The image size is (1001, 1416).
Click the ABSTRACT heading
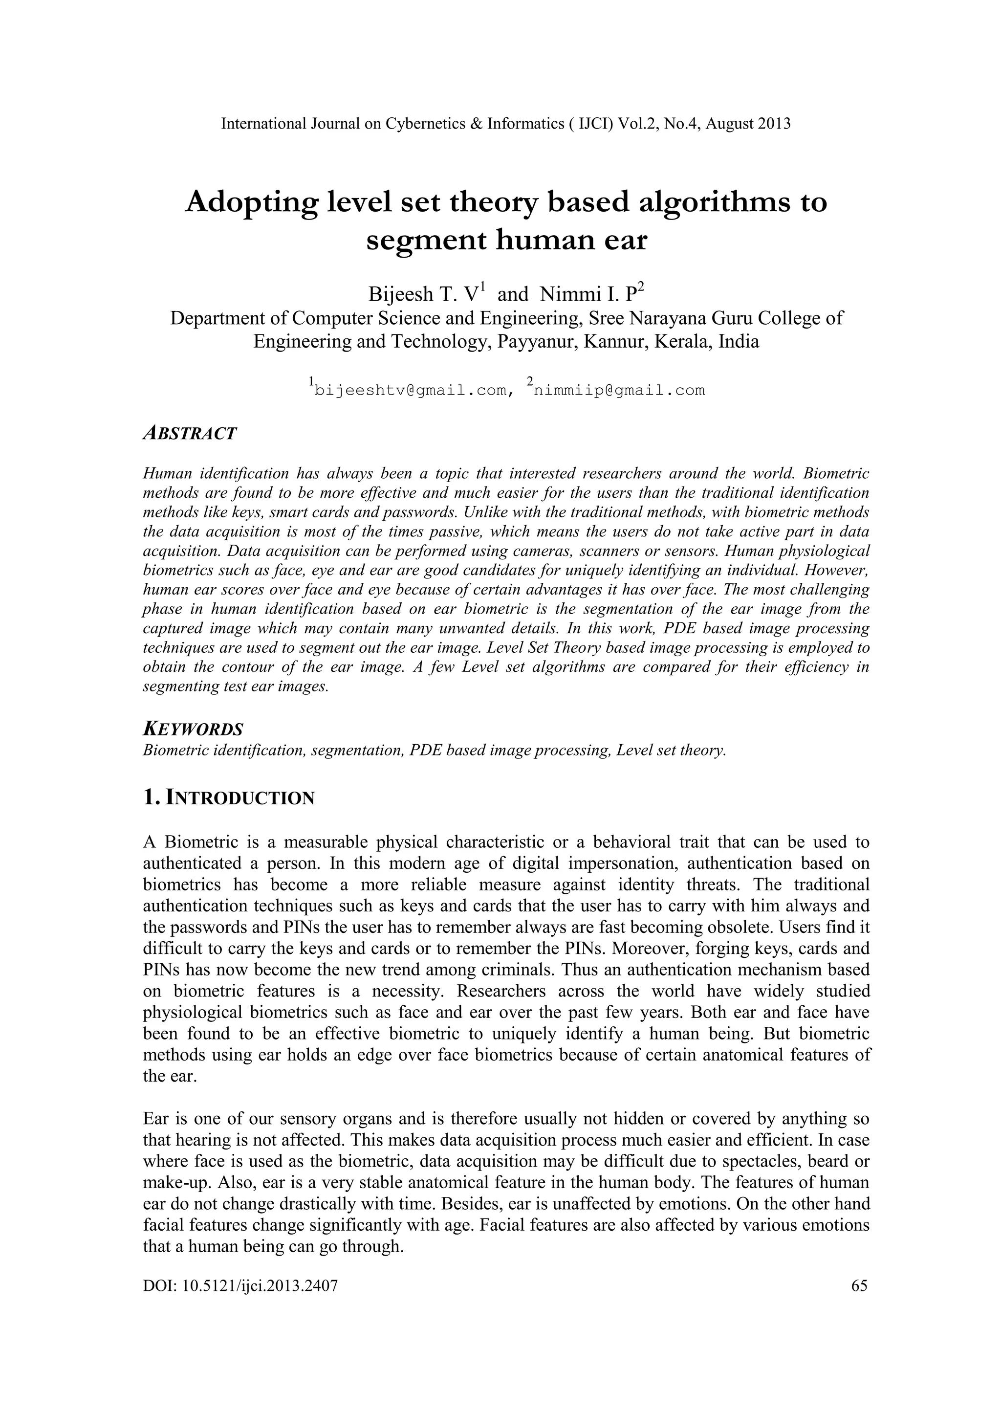(189, 434)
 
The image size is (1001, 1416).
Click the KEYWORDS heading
(193, 730)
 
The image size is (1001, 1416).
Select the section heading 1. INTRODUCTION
(229, 798)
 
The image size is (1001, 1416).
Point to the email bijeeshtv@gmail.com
(410, 390)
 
